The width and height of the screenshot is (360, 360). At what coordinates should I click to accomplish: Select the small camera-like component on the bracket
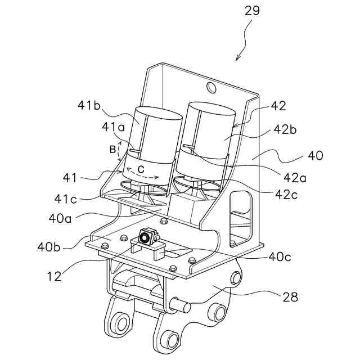pyautogui.click(x=146, y=237)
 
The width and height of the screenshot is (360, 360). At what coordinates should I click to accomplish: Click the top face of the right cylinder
pyautogui.click(x=211, y=110)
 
